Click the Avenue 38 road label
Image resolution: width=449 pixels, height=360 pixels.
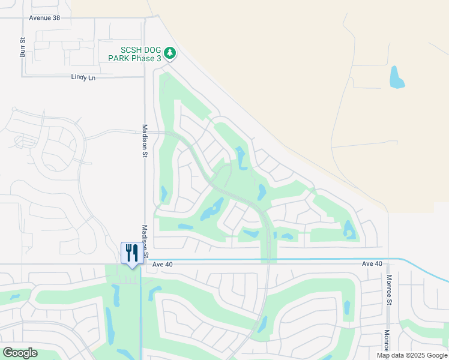[44, 18]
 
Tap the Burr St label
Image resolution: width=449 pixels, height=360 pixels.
[22, 47]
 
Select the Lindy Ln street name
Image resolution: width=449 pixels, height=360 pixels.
[83, 77]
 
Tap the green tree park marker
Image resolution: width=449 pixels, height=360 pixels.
[170, 54]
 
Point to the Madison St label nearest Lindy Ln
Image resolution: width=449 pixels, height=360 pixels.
[145, 141]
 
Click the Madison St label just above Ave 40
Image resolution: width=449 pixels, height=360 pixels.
[145, 237]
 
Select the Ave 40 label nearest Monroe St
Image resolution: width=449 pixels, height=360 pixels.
[372, 264]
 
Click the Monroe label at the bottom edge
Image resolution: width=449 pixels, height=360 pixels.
[387, 340]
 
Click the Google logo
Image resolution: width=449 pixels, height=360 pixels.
[20, 353]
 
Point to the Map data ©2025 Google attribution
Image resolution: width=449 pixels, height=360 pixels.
[412, 355]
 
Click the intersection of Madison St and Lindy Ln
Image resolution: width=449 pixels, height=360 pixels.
[145, 77]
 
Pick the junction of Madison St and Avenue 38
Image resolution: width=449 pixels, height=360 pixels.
[145, 18]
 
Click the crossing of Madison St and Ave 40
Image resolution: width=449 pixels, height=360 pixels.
[144, 263]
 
